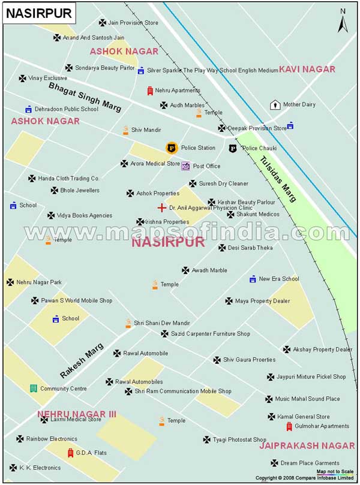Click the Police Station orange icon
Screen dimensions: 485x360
[171, 147]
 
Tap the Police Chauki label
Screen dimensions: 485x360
[259, 148]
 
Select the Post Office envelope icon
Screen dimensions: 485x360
[185, 166]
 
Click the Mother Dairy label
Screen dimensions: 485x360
[299, 104]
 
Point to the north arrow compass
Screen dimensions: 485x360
[343, 22]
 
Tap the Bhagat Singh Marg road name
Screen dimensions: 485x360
[85, 97]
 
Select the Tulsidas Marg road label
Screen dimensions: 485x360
[278, 179]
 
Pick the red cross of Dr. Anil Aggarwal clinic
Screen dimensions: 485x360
[161, 208]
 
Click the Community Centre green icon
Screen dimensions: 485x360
[33, 388]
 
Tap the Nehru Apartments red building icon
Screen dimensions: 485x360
[150, 91]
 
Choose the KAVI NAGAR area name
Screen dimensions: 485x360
[307, 70]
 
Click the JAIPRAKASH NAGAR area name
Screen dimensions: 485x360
[307, 445]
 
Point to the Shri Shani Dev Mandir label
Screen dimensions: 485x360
[161, 323]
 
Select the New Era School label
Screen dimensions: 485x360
[278, 279]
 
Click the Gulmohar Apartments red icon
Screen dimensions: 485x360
[289, 426]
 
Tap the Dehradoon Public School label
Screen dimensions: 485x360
[66, 109]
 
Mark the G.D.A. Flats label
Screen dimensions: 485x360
[92, 453]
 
